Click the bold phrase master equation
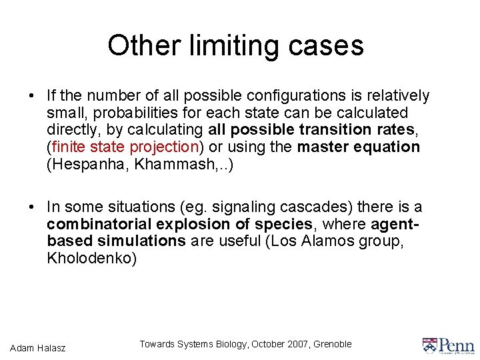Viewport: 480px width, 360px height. [x=359, y=147]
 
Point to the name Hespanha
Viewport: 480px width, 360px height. [x=87, y=164]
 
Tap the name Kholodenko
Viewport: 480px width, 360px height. [x=91, y=258]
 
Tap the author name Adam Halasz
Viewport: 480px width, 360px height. [x=38, y=347]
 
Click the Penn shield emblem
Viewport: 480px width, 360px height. [x=430, y=345]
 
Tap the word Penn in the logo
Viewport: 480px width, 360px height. [x=457, y=345]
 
